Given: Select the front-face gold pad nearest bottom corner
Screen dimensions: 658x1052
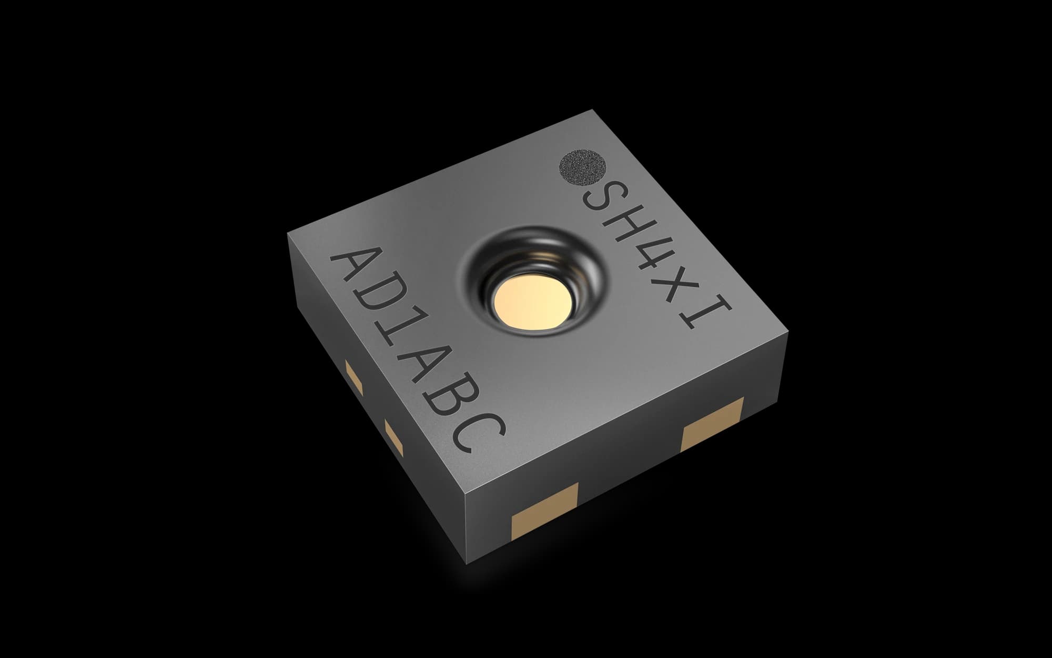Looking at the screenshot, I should [x=544, y=511].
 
